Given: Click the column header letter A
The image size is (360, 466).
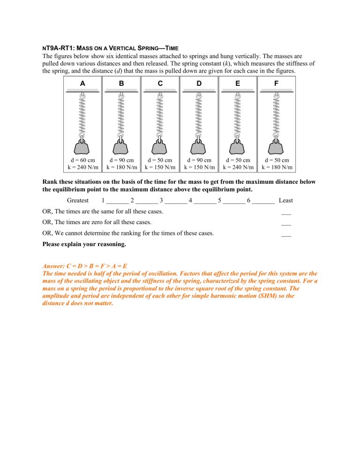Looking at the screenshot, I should pyautogui.click(x=82, y=83).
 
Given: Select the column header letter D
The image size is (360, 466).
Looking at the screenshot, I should pyautogui.click(x=199, y=83).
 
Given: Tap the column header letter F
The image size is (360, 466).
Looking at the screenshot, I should pyautogui.click(x=277, y=83).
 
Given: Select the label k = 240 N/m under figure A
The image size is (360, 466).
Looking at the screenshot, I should pyautogui.click(x=82, y=167).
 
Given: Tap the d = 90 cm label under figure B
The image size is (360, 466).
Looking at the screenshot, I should pyautogui.click(x=121, y=160).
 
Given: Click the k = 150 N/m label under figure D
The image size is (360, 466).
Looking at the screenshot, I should pyautogui.click(x=199, y=167).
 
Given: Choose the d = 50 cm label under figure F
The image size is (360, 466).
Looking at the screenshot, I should pyautogui.click(x=277, y=160).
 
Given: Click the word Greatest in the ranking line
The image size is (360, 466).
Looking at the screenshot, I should pyautogui.click(x=78, y=200).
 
